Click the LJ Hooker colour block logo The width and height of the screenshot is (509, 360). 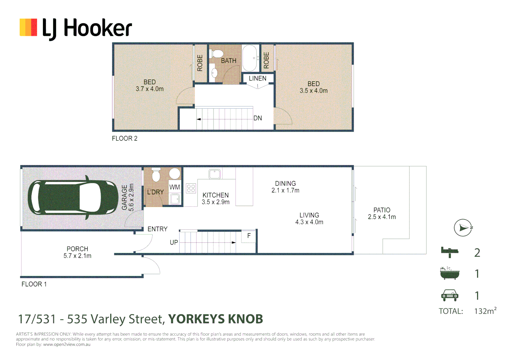coord(28,27)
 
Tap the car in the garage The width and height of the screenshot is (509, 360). coord(73,197)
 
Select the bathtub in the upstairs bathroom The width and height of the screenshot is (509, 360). coord(251,58)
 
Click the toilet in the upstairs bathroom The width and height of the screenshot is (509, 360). coord(217,54)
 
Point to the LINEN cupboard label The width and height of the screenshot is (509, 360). coord(257,78)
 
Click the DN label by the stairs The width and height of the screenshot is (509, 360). coord(258,118)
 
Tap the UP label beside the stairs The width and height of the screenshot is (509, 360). coord(174,242)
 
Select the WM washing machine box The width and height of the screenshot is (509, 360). coord(175,187)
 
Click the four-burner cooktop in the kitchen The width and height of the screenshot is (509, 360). coord(191,188)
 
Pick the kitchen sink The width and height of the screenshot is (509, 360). coord(215,174)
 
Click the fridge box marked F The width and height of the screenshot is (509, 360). coord(249,236)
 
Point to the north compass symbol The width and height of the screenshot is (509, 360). coord(463,228)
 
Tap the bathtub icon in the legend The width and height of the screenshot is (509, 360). coord(450,273)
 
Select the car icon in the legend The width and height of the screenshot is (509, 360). coord(450,295)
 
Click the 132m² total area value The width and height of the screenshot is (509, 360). coord(485,311)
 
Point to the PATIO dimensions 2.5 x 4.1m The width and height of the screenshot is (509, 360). coord(382,217)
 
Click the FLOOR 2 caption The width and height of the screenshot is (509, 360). coord(125,138)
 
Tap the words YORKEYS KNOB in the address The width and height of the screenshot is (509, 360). coord(216,319)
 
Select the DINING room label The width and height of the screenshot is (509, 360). coord(285,184)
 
